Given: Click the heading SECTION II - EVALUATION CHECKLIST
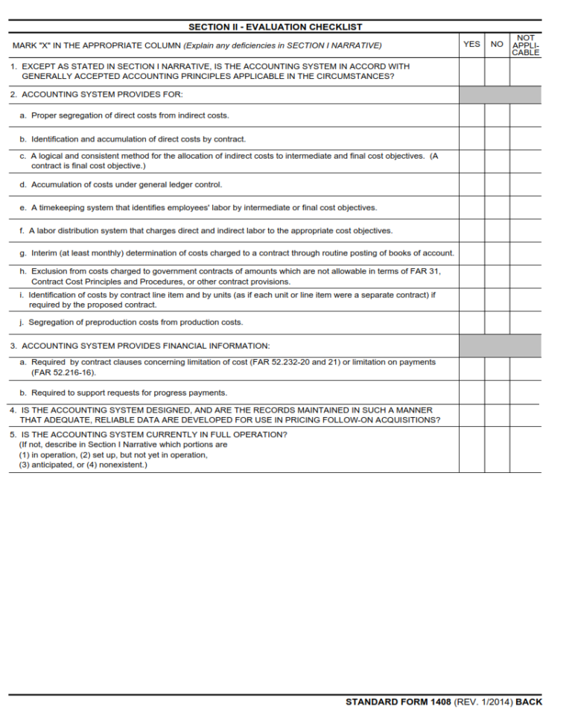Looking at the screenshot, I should [275, 27].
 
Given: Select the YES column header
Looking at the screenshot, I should [471, 44].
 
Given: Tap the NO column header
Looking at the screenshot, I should [497, 44].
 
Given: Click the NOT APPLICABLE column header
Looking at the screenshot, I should [525, 45].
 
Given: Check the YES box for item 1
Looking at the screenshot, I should [471, 72].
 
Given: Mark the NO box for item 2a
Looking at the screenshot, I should [497, 115].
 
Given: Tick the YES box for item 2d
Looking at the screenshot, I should [471, 185].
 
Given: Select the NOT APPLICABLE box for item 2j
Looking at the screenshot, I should [525, 323].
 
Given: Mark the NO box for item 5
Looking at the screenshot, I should [497, 449].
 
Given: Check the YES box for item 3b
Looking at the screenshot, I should [471, 393].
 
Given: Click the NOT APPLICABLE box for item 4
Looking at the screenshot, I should [525, 415].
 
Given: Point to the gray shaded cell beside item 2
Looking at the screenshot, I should [500, 95].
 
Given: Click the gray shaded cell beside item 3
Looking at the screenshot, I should [500, 346].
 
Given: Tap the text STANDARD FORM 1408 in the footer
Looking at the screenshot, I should [398, 702].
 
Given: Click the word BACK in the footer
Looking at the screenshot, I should [529, 702].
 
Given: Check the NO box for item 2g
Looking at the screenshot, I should [497, 253].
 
